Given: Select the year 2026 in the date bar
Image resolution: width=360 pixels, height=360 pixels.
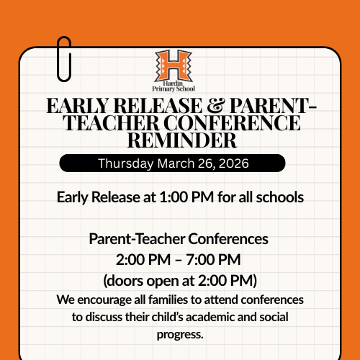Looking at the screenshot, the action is coord(231,163).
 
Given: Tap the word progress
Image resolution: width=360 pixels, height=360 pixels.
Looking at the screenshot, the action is coord(180,334).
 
